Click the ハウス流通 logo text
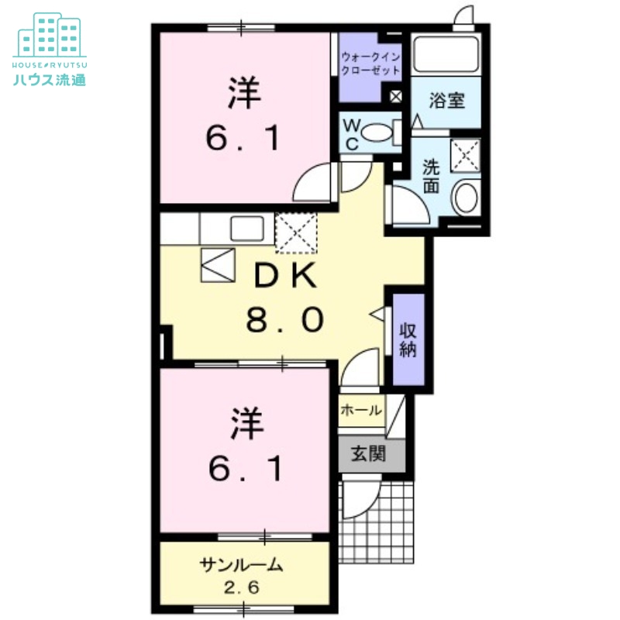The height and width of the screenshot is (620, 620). [x=49, y=78]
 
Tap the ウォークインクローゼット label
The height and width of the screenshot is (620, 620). [x=371, y=63]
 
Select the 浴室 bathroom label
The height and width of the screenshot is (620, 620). [x=447, y=99]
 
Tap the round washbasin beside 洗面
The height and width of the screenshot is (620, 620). [x=467, y=198]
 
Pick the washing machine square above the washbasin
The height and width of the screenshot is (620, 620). [x=466, y=154]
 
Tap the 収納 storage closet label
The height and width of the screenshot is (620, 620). [x=408, y=339]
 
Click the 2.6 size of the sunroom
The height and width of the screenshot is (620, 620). [x=242, y=587]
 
